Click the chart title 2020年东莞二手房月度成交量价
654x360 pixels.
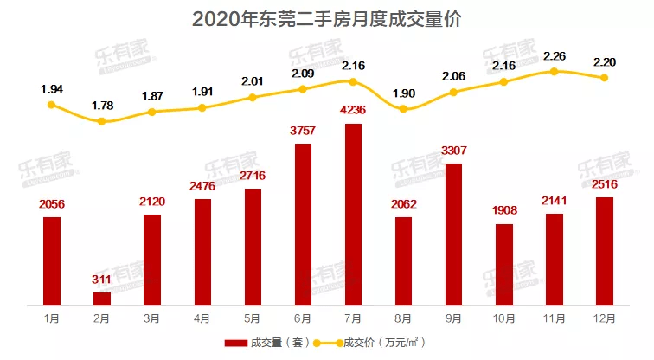click(326, 18)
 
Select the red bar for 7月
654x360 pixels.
click(353, 215)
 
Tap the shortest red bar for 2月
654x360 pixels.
click(102, 299)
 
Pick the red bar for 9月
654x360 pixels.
click(453, 234)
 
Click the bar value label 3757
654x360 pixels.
click(303, 132)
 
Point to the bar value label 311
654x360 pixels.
click(102, 280)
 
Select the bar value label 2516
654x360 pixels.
click(604, 185)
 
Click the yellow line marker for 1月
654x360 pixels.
click(52, 105)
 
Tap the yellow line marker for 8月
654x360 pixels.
click(403, 108)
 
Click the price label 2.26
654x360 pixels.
click(555, 56)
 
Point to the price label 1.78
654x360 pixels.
click(102, 106)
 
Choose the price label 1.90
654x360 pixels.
click(403, 93)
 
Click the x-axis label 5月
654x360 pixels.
click(253, 318)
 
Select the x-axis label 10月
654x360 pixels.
click(503, 318)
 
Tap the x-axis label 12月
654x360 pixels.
click(604, 318)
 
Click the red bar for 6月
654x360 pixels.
click(303, 224)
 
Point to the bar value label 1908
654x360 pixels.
click(503, 212)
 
